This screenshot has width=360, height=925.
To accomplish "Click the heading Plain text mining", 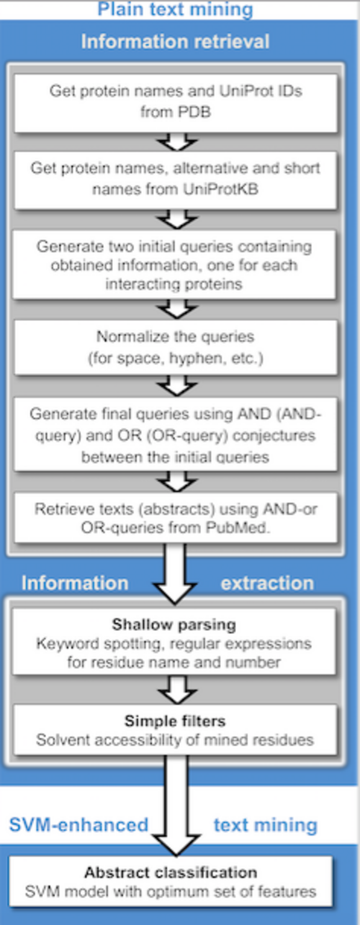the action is (175, 9).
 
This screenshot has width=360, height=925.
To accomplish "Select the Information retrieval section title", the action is (175, 41).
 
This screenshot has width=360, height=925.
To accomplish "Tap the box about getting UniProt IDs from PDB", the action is (176, 103).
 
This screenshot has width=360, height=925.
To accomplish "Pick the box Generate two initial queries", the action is (174, 264).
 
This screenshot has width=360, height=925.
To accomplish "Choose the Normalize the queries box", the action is (176, 348).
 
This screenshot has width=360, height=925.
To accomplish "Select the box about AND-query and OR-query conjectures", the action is (176, 434).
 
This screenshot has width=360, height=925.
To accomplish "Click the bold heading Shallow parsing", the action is (174, 624).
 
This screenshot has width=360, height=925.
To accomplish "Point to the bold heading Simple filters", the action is (175, 721).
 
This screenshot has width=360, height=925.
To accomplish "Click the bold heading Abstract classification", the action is (171, 872).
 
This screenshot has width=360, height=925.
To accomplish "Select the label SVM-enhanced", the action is (78, 825).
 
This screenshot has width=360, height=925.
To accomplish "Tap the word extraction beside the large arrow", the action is (268, 582).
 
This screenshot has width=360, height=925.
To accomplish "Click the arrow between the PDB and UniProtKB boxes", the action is (176, 142).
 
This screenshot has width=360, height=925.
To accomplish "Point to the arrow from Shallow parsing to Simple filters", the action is (178, 689).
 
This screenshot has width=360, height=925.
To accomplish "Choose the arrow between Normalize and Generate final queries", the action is (176, 386).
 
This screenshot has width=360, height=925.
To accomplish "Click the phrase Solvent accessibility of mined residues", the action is (175, 739).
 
